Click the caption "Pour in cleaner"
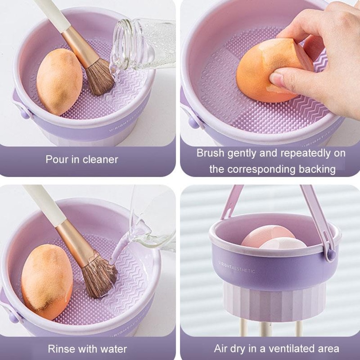pyautogui.click(x=82, y=159)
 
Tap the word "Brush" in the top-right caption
pyautogui.click(x=211, y=153)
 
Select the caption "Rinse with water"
pyautogui.click(x=87, y=348)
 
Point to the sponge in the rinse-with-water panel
pyautogui.click(x=47, y=281)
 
